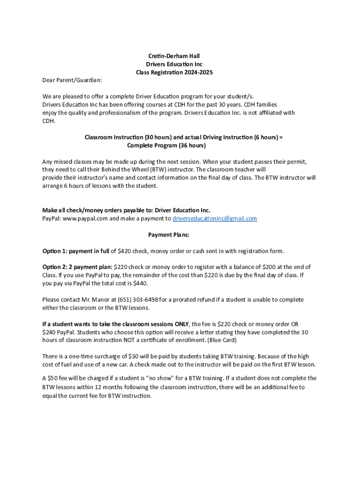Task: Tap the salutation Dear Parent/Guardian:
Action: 72,80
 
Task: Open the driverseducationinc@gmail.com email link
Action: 215,218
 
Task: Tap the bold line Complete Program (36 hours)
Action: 166,145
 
